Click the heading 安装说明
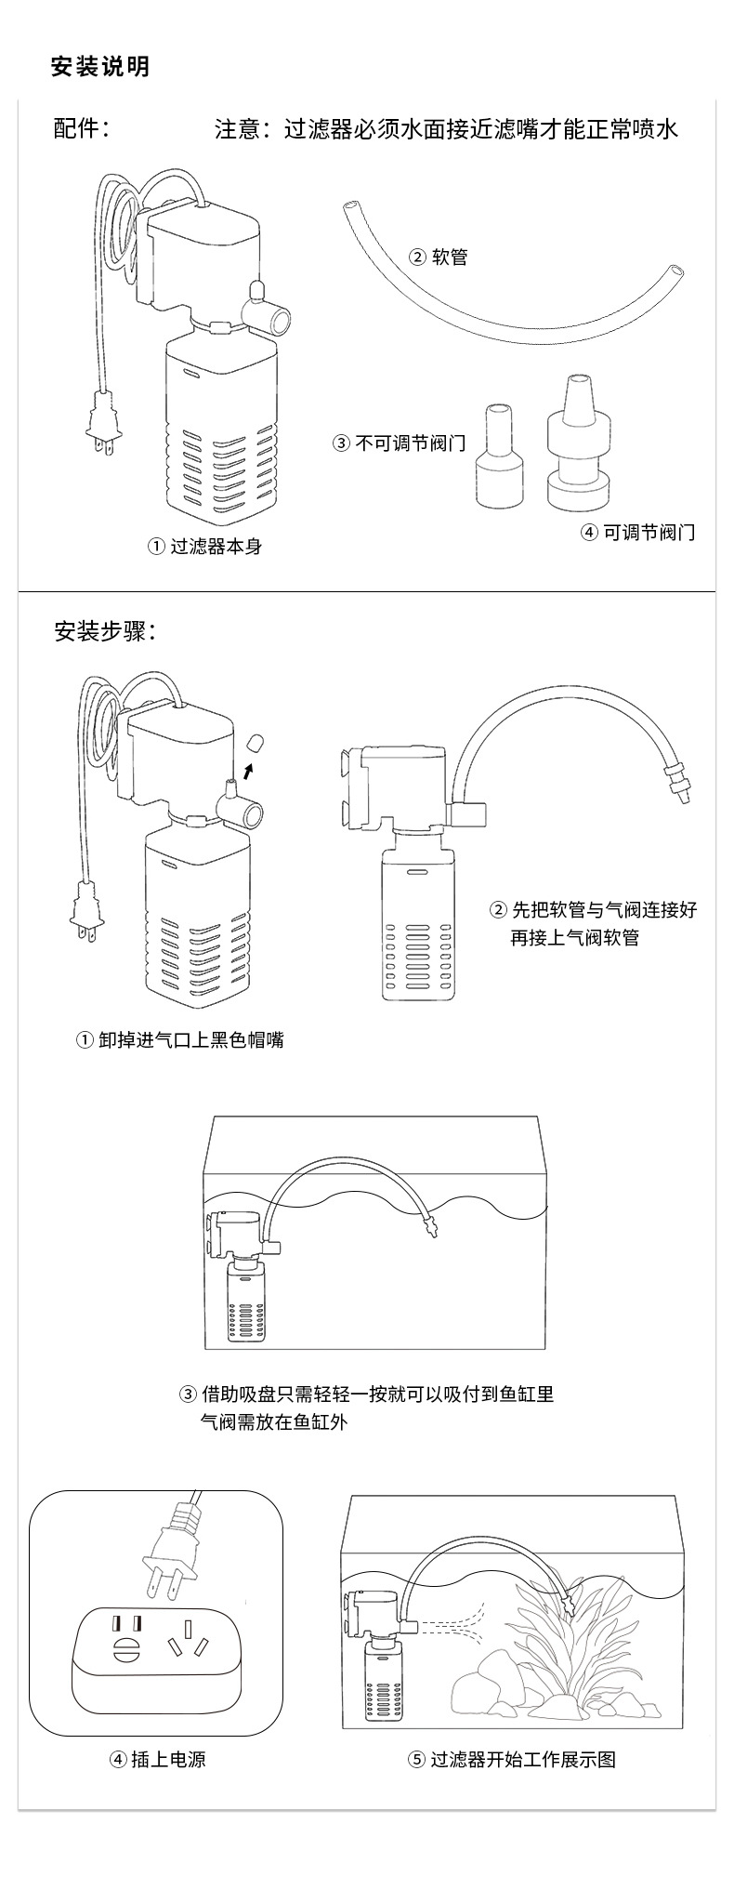99,67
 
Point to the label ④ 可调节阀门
637,532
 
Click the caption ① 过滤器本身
205,547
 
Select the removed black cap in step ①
256,742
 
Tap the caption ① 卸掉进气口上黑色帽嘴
179,1039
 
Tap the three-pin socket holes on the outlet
183,1644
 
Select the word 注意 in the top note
237,129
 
